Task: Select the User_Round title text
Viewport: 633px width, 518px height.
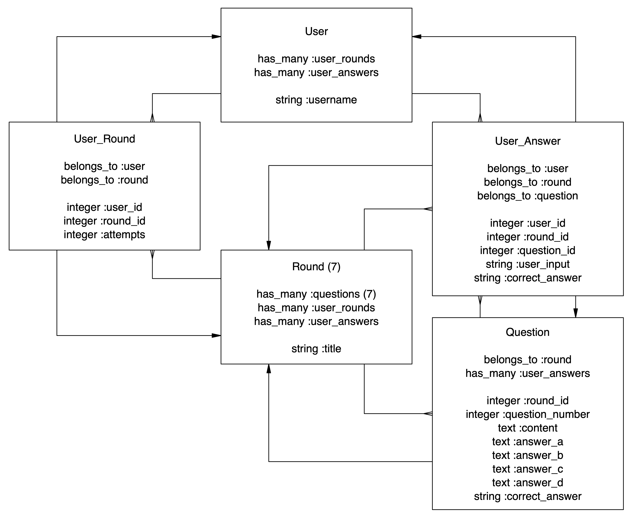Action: pyautogui.click(x=104, y=139)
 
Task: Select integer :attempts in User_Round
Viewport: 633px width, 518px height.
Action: pyautogui.click(x=104, y=235)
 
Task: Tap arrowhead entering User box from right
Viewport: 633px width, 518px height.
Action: pyautogui.click(x=417, y=37)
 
